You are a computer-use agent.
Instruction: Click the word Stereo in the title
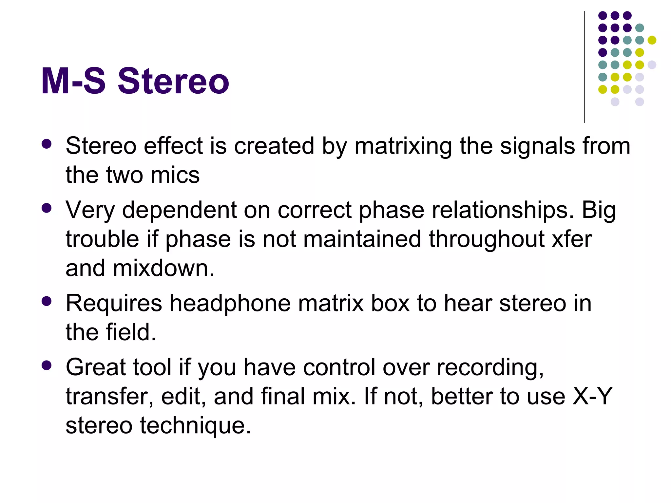click(173, 81)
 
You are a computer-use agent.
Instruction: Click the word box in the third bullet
click(390, 303)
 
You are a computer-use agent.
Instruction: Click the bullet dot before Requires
click(47, 301)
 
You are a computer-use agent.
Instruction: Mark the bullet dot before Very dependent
click(47, 208)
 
